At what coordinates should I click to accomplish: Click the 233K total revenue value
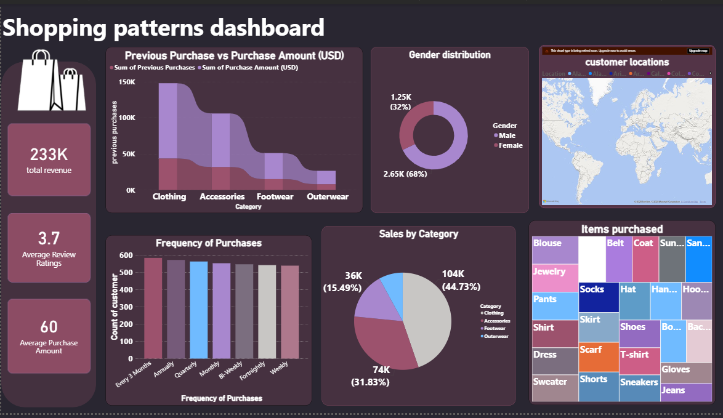pyautogui.click(x=49, y=154)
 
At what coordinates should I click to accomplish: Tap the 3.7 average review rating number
pyautogui.click(x=49, y=238)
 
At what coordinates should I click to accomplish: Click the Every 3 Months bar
pyautogui.click(x=153, y=308)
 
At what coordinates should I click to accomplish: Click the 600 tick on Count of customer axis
pyautogui.click(x=126, y=255)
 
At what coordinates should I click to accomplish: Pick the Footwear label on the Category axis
pyautogui.click(x=275, y=197)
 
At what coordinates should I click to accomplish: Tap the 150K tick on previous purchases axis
pyautogui.click(x=127, y=82)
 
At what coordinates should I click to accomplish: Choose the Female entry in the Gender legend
pyautogui.click(x=511, y=146)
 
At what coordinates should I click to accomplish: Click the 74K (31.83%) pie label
pyautogui.click(x=381, y=376)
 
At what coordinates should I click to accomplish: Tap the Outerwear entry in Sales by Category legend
pyautogui.click(x=496, y=337)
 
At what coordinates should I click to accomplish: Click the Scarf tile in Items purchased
pyautogui.click(x=591, y=350)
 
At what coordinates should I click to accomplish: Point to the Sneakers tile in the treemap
pyautogui.click(x=639, y=382)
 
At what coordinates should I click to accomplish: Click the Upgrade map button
pyautogui.click(x=698, y=50)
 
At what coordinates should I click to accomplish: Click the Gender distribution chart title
pyautogui.click(x=450, y=55)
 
